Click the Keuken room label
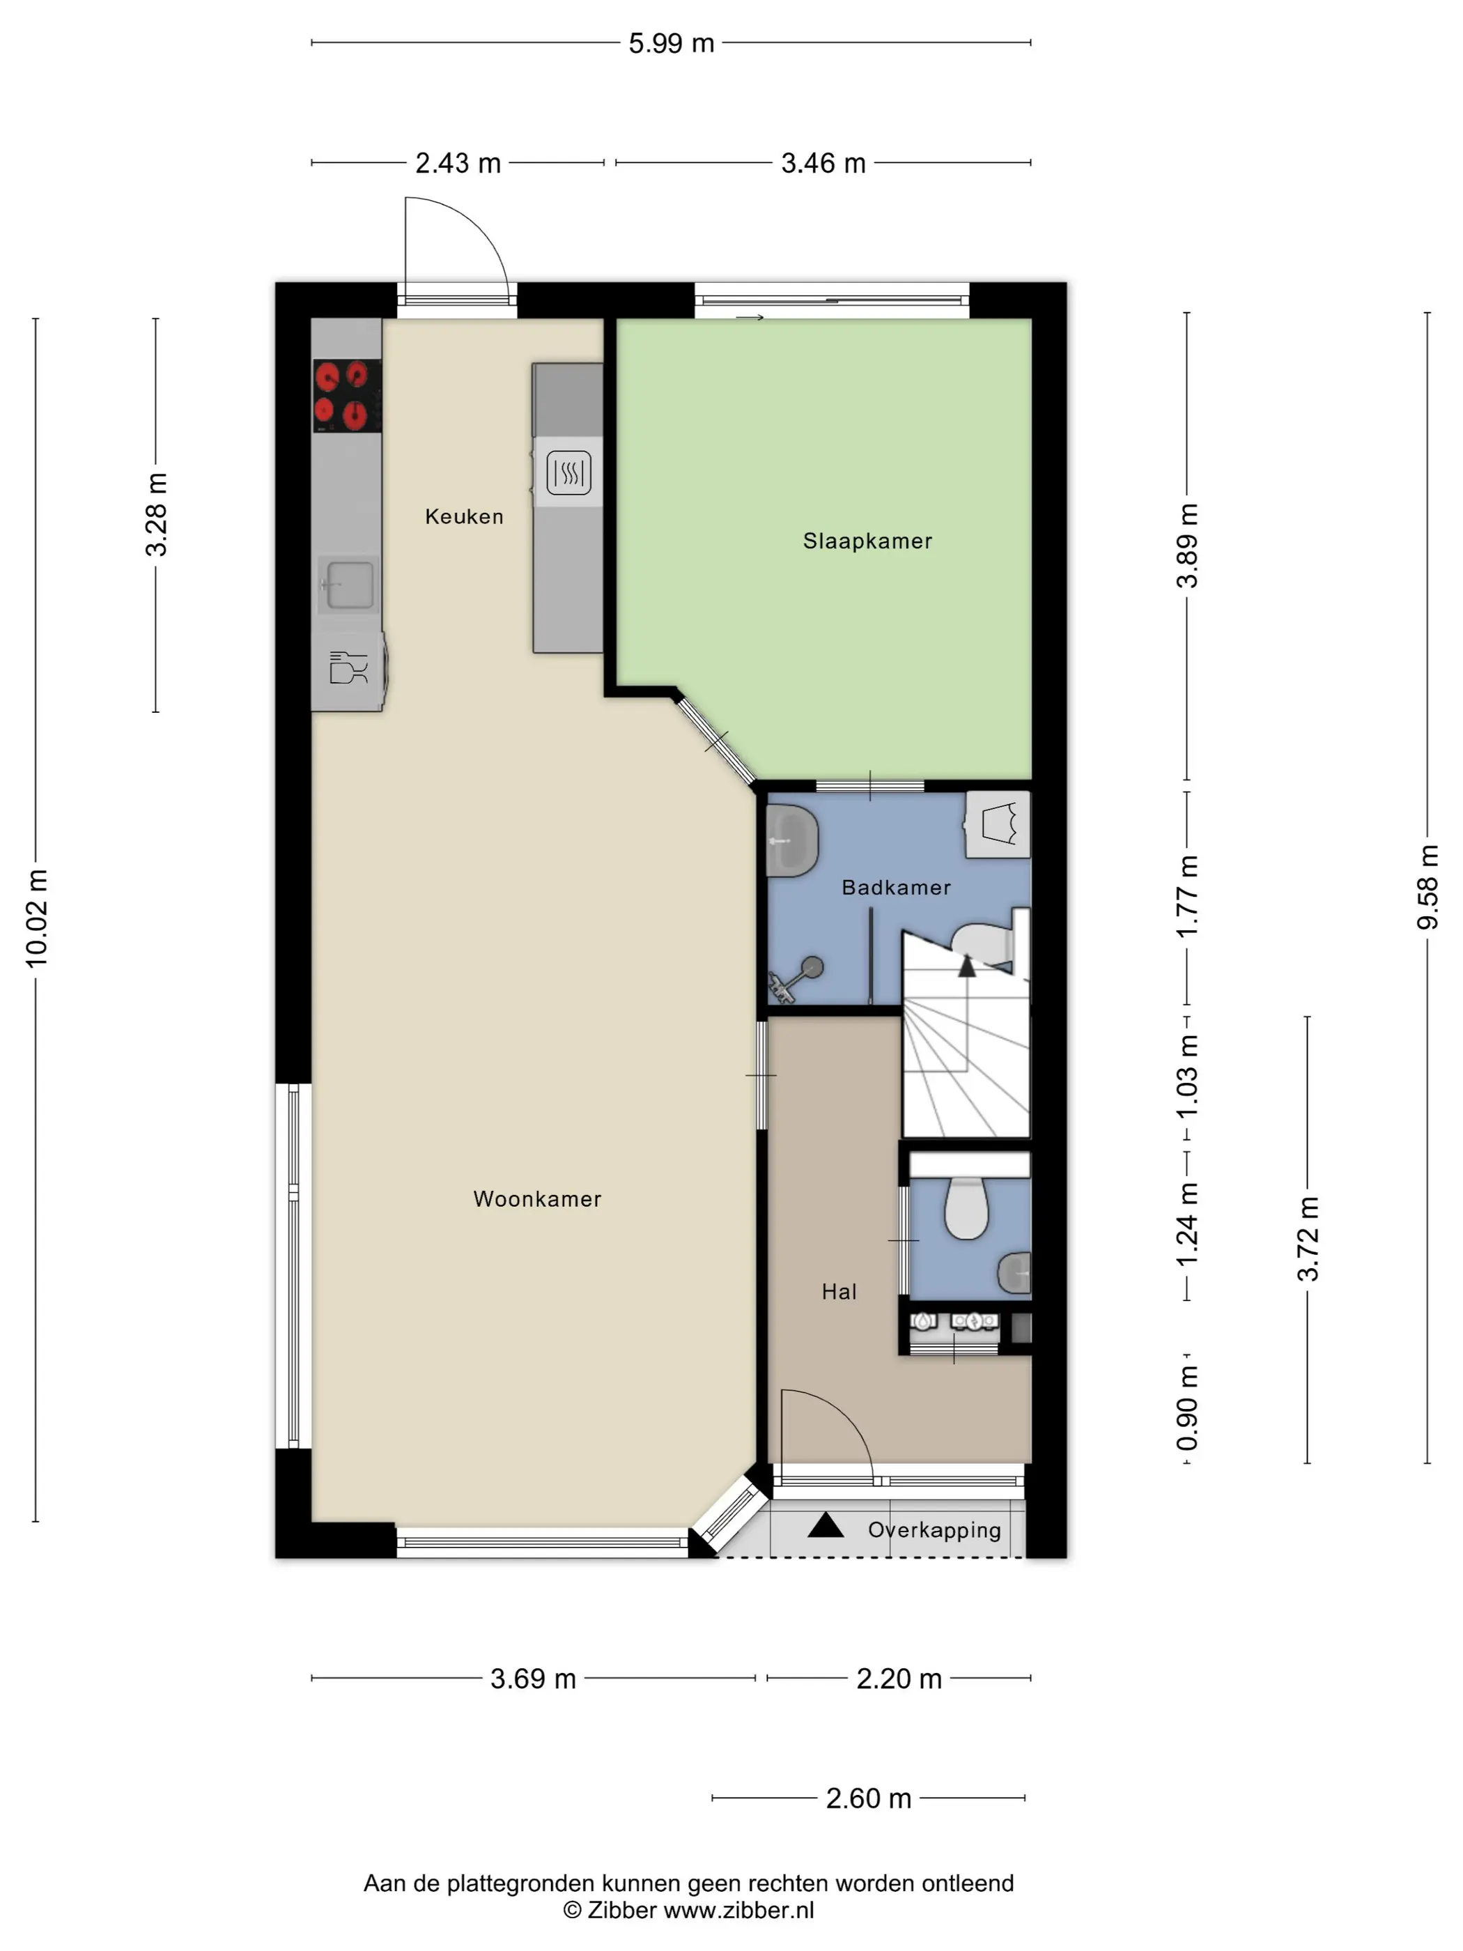(464, 517)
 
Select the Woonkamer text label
(537, 1198)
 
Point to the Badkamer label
(896, 887)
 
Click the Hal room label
(839, 1292)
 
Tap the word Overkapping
(934, 1530)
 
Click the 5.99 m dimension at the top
(671, 43)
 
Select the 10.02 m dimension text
(36, 918)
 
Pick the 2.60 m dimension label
(868, 1798)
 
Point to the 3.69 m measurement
(533, 1678)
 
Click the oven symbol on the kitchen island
(568, 472)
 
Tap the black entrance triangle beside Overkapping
(826, 1526)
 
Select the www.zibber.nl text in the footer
(738, 1911)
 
